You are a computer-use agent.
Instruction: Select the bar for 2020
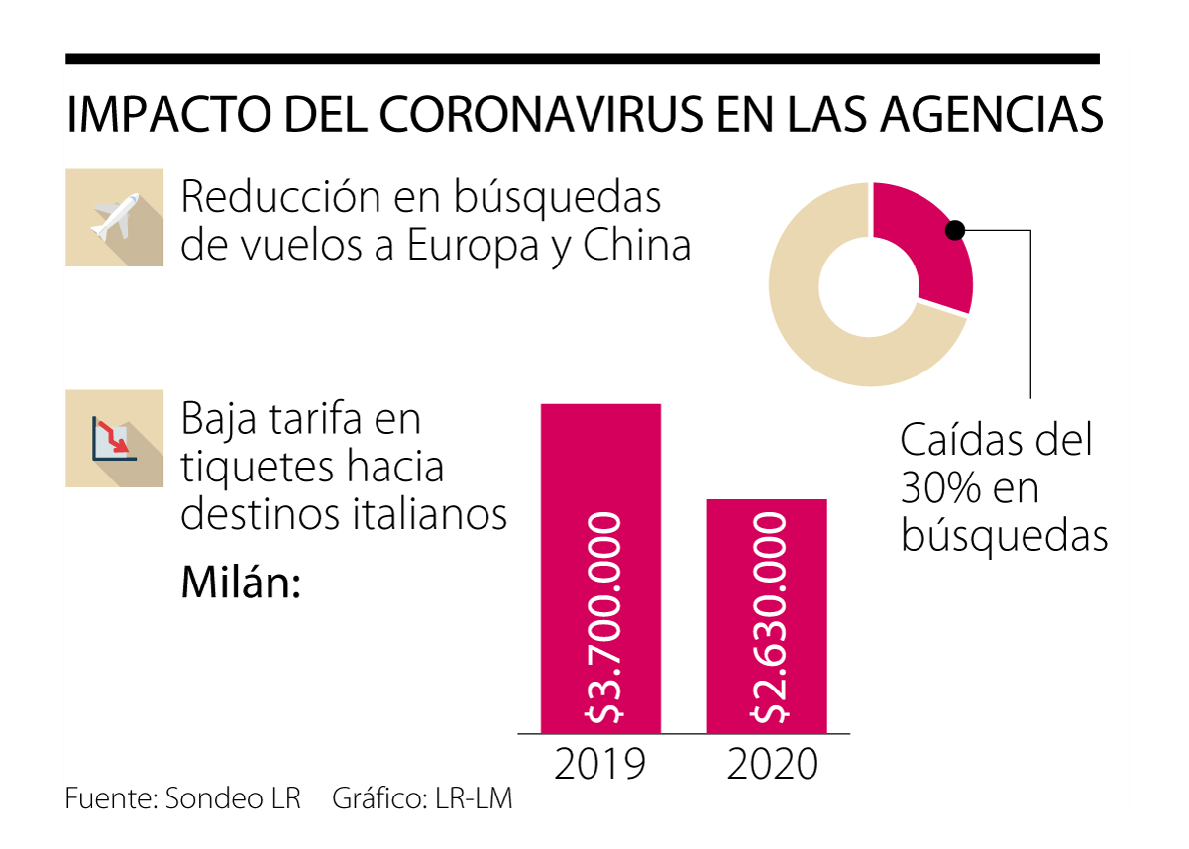click(766, 535)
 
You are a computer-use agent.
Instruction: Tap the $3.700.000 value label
click(601, 617)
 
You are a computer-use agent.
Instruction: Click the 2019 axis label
click(600, 765)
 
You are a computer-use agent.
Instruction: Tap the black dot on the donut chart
click(954, 230)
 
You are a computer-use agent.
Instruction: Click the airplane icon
click(114, 218)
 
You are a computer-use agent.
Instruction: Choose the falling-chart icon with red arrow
click(114, 439)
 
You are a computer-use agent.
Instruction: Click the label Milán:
click(241, 582)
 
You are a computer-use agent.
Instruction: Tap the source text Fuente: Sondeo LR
click(183, 798)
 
